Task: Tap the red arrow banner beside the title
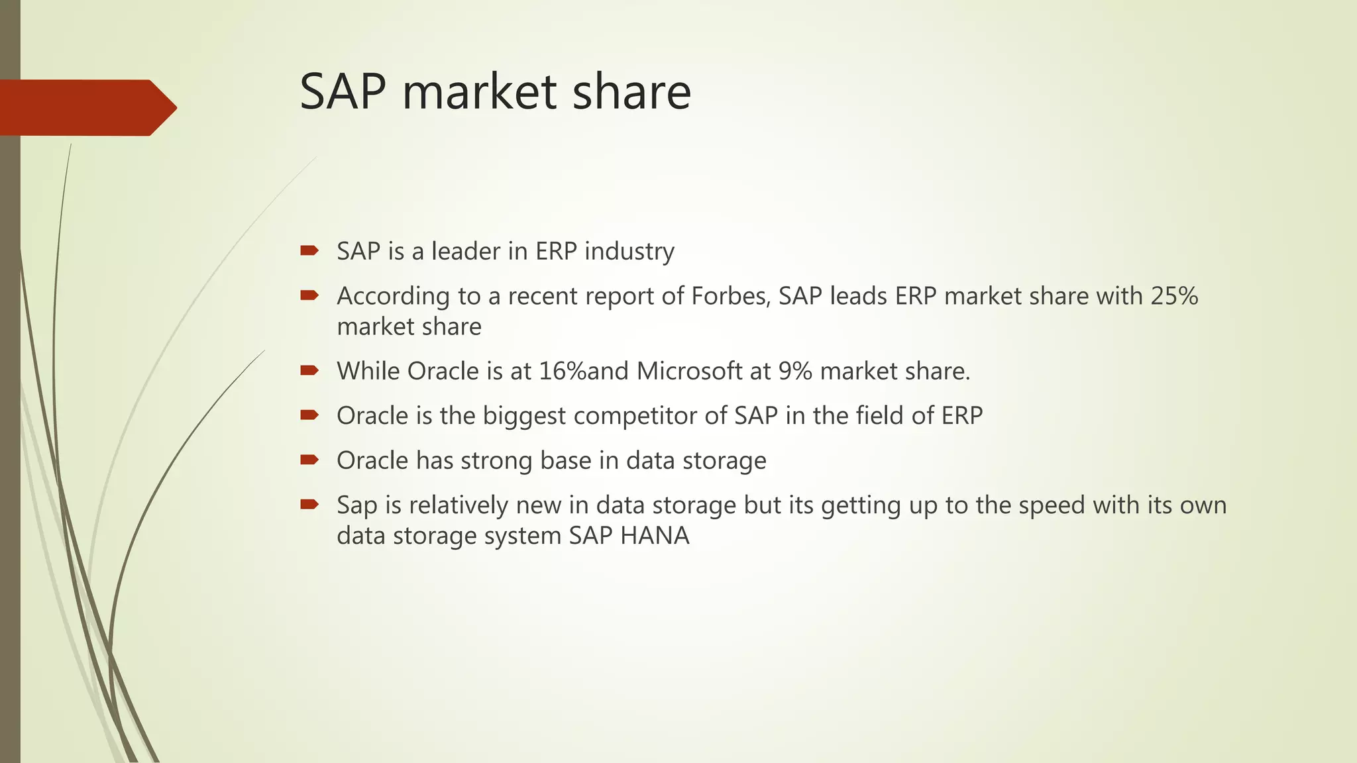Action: (86, 107)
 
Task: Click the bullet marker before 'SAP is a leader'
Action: (309, 250)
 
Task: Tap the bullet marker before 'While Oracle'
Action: (309, 370)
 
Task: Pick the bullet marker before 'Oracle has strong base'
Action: (309, 460)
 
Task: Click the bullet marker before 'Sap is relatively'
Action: (309, 504)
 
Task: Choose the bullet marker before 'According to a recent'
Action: (309, 295)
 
